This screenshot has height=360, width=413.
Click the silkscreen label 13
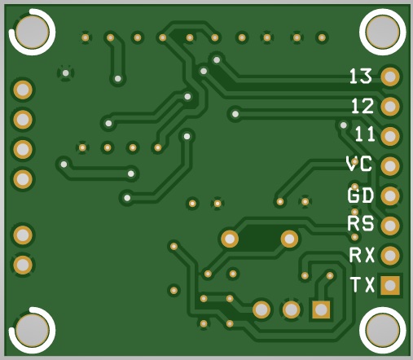click(360, 76)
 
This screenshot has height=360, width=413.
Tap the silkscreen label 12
click(362, 106)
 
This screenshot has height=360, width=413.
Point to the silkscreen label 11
click(365, 134)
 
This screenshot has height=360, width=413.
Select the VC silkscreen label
click(359, 164)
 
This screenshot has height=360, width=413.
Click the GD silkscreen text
click(361, 195)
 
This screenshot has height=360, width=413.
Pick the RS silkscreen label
click(361, 223)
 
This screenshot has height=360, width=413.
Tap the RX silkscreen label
click(362, 255)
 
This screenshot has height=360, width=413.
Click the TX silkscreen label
click(362, 284)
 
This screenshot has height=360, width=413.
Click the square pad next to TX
click(390, 285)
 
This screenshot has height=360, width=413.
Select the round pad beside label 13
click(390, 77)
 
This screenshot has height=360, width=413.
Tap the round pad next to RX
click(390, 255)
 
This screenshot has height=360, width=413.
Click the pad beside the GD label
click(390, 195)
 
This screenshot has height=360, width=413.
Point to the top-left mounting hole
click(33, 32)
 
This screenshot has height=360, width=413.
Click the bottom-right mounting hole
click(383, 330)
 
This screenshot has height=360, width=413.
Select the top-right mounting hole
click(383, 32)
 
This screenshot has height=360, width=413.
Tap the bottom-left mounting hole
click(33, 330)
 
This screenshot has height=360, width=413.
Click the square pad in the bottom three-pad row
click(321, 310)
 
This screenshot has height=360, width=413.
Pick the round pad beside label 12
click(390, 107)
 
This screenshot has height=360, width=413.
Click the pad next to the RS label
click(390, 226)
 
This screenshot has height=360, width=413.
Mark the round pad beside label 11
click(390, 136)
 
